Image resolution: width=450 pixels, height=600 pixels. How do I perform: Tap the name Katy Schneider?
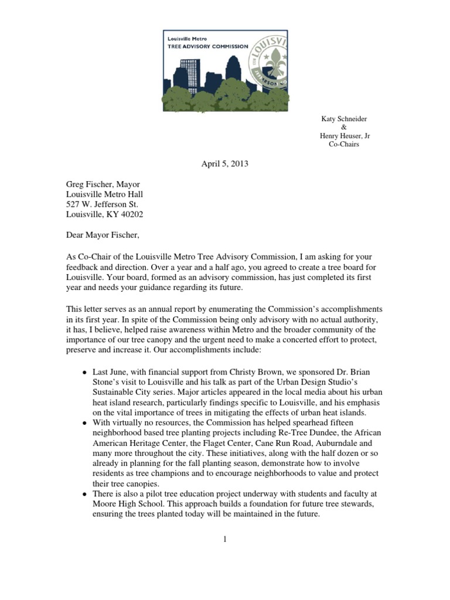click(344, 119)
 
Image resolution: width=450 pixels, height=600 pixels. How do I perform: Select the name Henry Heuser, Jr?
click(344, 136)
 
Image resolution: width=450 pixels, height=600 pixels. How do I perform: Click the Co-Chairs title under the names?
click(344, 144)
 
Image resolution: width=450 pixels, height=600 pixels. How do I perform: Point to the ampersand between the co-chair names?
click(344, 128)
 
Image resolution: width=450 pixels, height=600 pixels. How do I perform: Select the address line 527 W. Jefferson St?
click(101, 204)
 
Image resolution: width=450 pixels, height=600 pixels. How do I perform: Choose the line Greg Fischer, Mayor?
click(103, 183)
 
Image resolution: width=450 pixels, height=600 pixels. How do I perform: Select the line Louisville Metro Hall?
click(104, 193)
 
